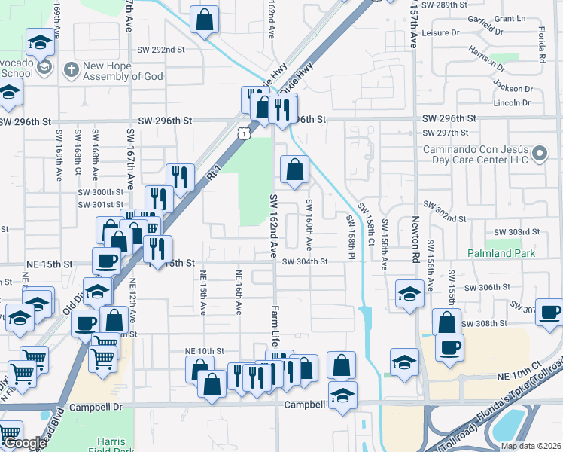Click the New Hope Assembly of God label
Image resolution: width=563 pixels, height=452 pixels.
[123, 71]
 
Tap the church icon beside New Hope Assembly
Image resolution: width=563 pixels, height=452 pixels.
[72, 70]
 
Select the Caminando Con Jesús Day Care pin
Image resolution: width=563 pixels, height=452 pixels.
[540, 155]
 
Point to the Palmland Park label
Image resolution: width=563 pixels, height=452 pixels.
[501, 254]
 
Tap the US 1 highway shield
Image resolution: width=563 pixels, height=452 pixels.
[243, 133]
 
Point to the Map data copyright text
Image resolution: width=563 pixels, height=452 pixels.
[531, 446]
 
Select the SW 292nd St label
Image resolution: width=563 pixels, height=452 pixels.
[160, 50]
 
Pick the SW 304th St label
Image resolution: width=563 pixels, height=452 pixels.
[305, 262]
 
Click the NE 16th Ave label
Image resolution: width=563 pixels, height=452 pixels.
[239, 292]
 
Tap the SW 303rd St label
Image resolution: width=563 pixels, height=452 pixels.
[516, 232]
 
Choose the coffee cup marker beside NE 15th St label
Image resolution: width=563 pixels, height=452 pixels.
[106, 261]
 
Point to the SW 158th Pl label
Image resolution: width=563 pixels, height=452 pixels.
[350, 237]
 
